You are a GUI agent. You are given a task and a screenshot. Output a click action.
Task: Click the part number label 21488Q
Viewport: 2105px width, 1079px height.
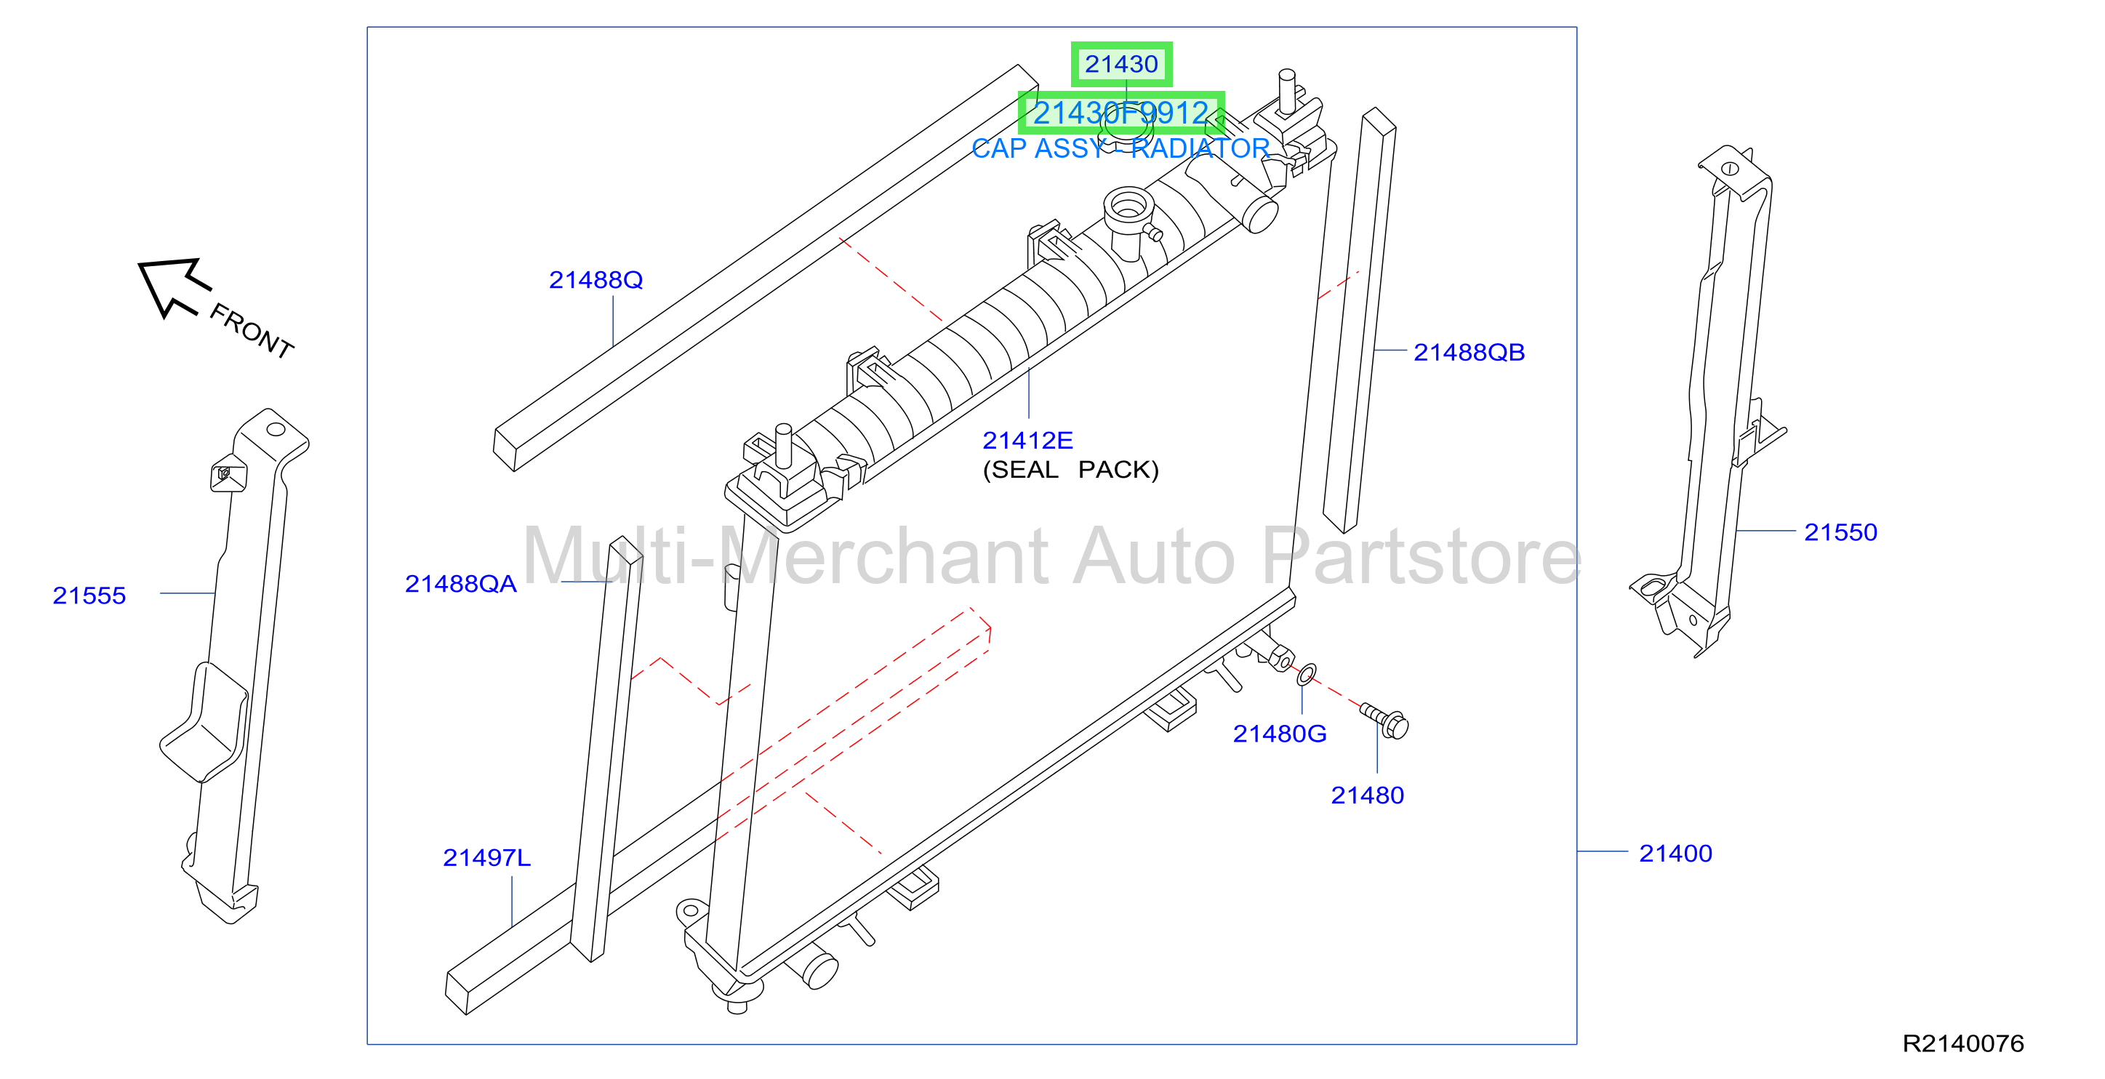point(596,281)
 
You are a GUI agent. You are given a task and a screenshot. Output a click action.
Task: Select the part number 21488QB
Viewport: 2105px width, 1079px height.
point(1469,353)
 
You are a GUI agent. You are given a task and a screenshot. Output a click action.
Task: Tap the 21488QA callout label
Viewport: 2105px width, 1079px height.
point(461,584)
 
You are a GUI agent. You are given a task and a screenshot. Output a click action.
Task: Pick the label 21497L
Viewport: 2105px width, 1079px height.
point(486,857)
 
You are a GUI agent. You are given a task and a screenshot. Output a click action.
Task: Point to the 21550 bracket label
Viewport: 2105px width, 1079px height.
point(1840,532)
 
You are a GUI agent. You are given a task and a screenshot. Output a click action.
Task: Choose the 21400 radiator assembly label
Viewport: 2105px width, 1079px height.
point(1675,854)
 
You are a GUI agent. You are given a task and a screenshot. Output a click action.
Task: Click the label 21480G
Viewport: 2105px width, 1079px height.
point(1280,734)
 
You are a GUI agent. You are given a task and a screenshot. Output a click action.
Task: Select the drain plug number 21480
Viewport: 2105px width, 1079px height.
point(1367,795)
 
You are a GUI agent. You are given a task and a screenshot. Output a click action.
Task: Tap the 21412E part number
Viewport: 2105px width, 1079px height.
point(1027,441)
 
